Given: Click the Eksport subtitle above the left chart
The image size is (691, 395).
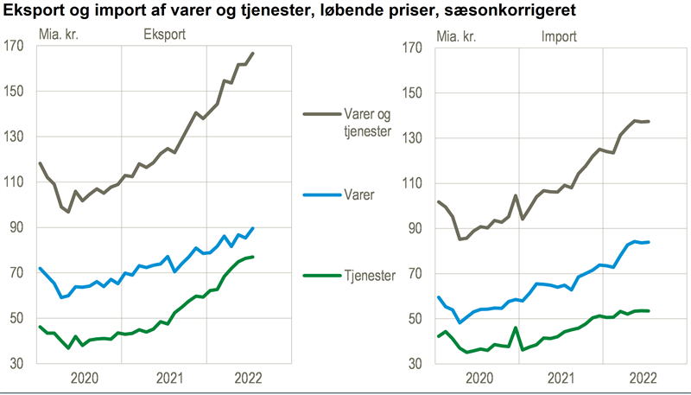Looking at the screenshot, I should [x=164, y=36].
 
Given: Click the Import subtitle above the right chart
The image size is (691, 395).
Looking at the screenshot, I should [x=559, y=36].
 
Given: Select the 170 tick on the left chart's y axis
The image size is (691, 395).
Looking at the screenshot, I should [x=14, y=47].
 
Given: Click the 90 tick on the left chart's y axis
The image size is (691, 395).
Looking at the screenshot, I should [x=16, y=227].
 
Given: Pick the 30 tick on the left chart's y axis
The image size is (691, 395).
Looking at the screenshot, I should [x=16, y=363].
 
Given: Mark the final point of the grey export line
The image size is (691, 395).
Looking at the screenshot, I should [x=253, y=53].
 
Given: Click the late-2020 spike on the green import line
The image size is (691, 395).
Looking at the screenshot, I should [x=515, y=328].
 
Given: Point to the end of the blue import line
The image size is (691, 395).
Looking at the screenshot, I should [x=650, y=242].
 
